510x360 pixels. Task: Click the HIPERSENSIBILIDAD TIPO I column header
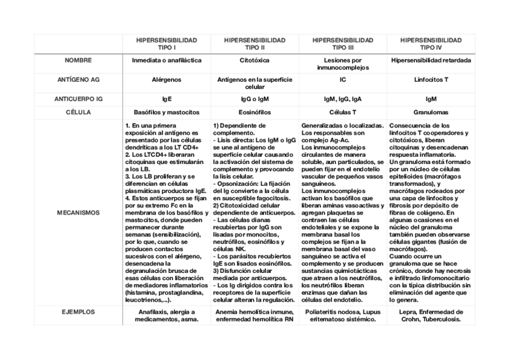point(165,43)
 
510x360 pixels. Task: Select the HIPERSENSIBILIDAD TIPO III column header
point(343,43)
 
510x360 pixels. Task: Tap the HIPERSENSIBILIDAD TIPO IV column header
point(431,43)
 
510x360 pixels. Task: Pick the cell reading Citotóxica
point(254,61)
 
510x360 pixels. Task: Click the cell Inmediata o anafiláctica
point(165,61)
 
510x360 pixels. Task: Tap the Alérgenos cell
point(165,79)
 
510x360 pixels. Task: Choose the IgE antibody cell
point(165,99)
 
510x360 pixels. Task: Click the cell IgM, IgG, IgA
point(343,99)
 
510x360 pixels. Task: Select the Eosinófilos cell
point(254,112)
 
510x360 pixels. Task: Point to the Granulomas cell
point(431,112)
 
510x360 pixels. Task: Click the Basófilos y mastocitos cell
point(165,112)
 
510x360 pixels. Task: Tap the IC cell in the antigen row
point(343,79)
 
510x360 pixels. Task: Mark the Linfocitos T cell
point(431,79)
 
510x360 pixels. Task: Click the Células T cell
point(343,112)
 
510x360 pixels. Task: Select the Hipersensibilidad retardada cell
point(431,61)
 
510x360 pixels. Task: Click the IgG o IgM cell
point(254,99)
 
